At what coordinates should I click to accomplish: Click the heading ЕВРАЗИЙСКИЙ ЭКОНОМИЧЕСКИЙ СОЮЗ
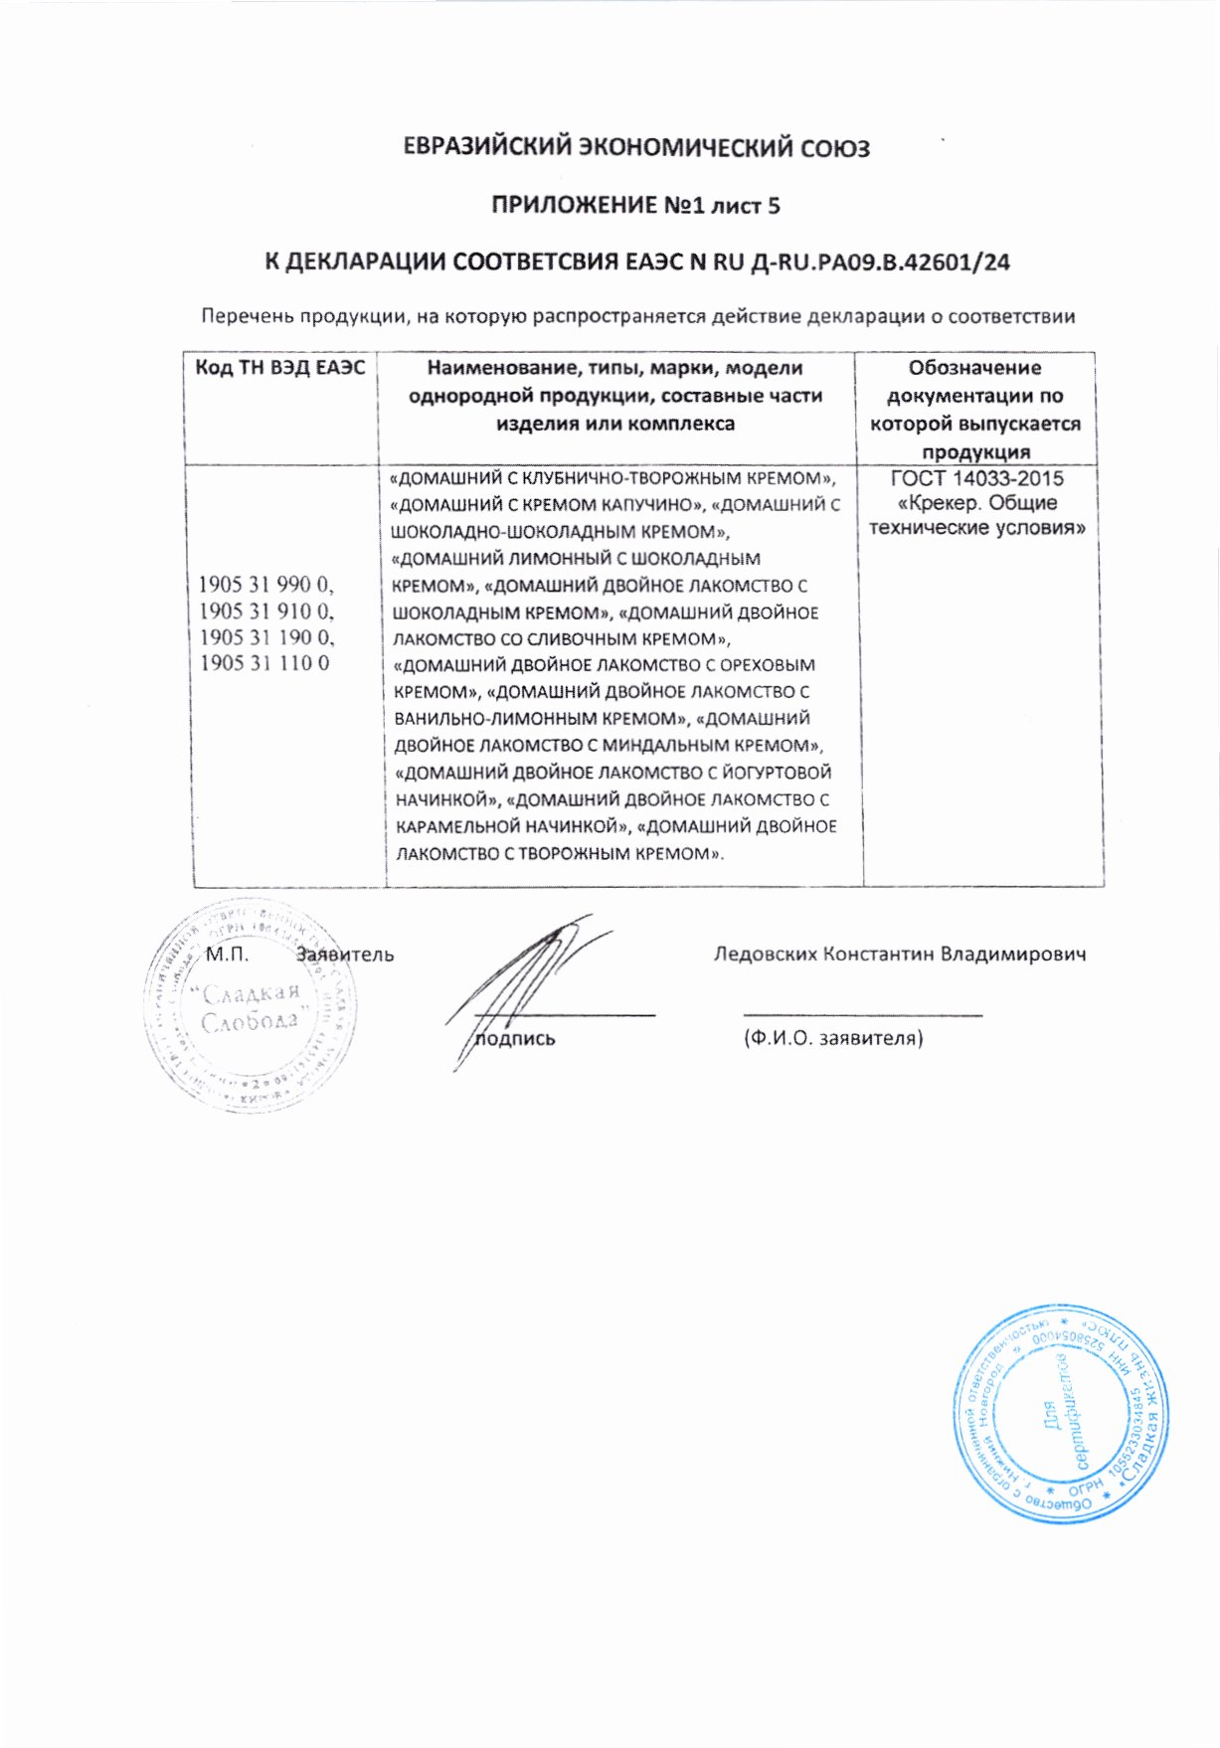[636, 148]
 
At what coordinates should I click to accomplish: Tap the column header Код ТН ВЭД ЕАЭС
[279, 369]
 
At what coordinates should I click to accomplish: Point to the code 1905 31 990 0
[266, 584]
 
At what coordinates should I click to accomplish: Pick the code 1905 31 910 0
[266, 611]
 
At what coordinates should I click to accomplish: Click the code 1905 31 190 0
[266, 637]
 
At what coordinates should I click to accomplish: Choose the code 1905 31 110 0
[264, 663]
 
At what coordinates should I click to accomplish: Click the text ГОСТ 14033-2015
[976, 478]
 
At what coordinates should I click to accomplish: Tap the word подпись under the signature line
[515, 1039]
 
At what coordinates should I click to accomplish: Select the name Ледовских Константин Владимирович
[899, 955]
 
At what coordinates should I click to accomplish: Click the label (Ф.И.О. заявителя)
[833, 1038]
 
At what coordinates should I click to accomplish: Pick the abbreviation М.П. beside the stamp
[227, 955]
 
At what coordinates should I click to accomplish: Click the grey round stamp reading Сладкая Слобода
[251, 1004]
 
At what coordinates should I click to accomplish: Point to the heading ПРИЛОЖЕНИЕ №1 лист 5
[636, 206]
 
